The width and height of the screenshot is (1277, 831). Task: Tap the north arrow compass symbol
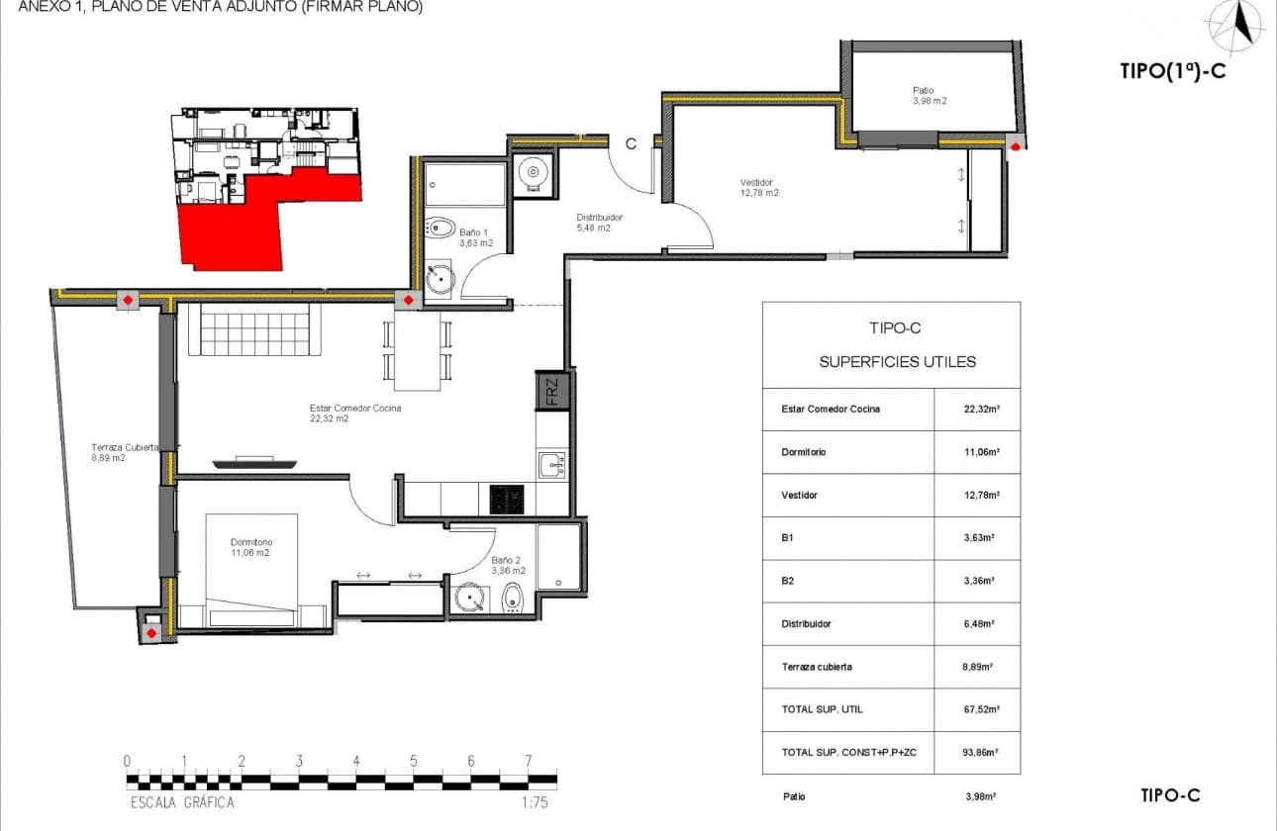pyautogui.click(x=1235, y=27)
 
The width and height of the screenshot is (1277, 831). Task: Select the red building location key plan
pyautogui.click(x=267, y=188)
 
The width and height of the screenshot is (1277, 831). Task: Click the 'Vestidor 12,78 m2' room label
pyautogui.click(x=759, y=188)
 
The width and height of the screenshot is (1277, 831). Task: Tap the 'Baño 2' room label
pyautogui.click(x=508, y=565)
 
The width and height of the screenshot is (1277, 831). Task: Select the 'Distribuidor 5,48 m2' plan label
pyautogui.click(x=600, y=223)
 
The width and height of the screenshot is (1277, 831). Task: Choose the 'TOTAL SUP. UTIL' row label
pyautogui.click(x=822, y=709)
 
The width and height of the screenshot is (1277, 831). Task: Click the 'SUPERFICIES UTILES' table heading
pyautogui.click(x=897, y=362)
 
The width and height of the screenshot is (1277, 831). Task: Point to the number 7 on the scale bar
pyautogui.click(x=529, y=761)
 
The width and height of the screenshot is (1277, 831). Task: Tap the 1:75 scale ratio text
pyautogui.click(x=535, y=802)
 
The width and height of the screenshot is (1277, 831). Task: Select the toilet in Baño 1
pyautogui.click(x=442, y=228)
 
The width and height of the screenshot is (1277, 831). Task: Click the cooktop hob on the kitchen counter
pyautogui.click(x=508, y=499)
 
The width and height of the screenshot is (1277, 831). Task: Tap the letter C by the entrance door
pyautogui.click(x=630, y=143)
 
